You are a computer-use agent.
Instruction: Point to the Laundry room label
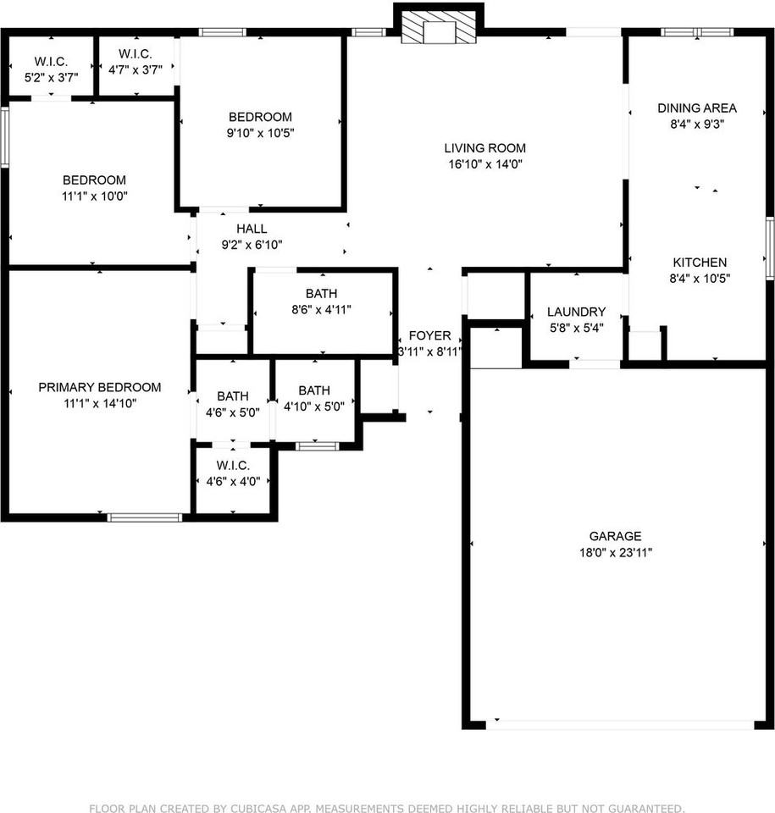576,312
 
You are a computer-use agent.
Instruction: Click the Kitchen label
700,263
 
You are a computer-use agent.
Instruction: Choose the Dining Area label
697,108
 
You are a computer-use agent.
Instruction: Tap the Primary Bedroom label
99,387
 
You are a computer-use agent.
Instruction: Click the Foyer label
430,335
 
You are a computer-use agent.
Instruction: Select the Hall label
252,229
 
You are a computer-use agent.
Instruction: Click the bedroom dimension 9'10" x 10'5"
261,132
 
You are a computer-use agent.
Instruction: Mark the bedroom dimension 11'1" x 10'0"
94,196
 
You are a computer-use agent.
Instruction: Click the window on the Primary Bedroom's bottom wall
145,517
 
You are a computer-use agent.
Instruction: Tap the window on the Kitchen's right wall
770,246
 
